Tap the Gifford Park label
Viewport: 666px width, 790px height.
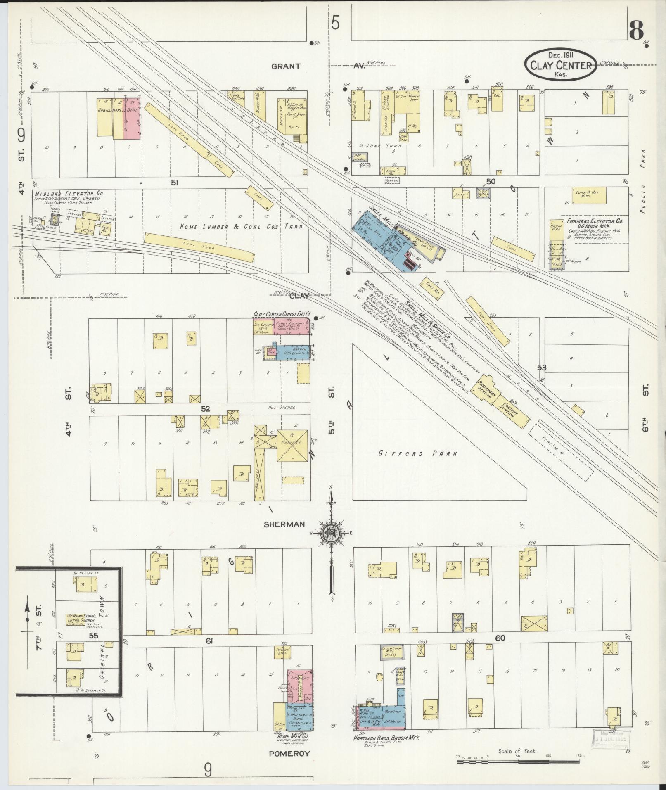point(418,453)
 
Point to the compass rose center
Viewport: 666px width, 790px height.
point(331,533)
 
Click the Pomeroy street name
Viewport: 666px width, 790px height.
point(289,753)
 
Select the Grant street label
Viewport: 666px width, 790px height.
point(286,66)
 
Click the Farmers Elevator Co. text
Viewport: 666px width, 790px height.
point(594,221)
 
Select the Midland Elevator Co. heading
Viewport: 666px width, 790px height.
point(69,193)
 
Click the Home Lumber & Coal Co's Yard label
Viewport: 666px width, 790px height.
point(242,226)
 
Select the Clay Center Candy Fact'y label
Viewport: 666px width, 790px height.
point(282,314)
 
